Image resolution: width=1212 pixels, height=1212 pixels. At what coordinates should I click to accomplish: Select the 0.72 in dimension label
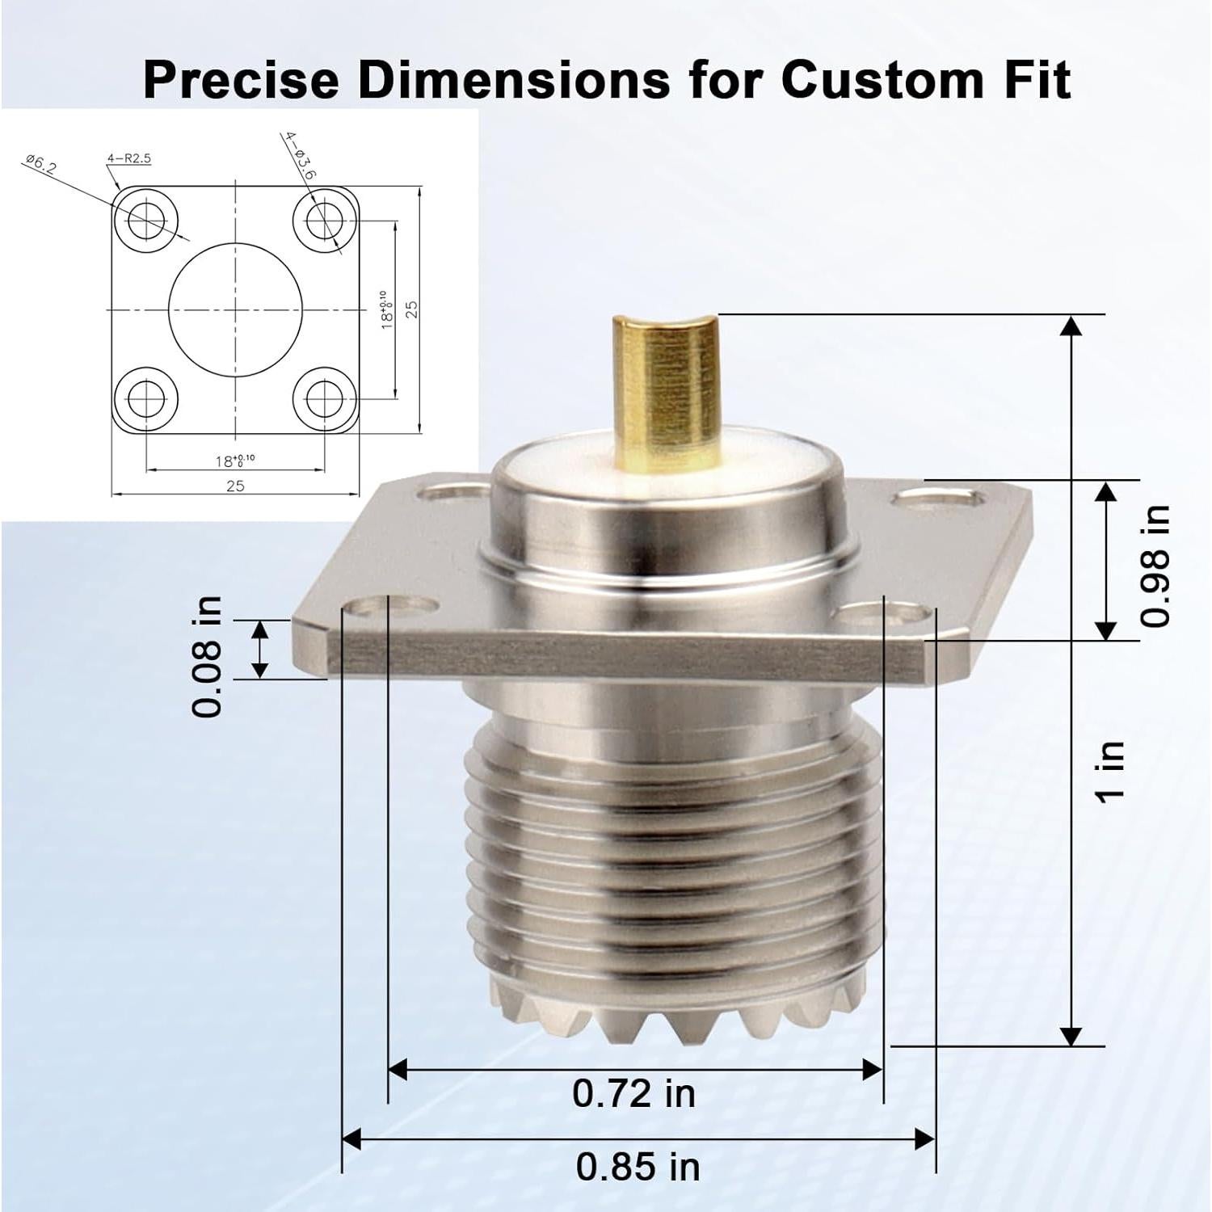point(633,1093)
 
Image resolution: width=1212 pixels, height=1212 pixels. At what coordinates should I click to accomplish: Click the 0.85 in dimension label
point(638,1167)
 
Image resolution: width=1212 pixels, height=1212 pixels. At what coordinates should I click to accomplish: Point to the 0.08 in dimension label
point(207,656)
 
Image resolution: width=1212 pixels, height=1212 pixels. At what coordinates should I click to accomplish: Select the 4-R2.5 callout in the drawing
point(129,158)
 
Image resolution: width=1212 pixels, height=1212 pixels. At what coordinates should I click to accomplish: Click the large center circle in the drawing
point(235,309)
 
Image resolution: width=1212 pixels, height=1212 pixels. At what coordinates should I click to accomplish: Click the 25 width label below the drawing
point(235,486)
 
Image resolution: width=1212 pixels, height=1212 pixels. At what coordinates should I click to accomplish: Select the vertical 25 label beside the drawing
point(411,309)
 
